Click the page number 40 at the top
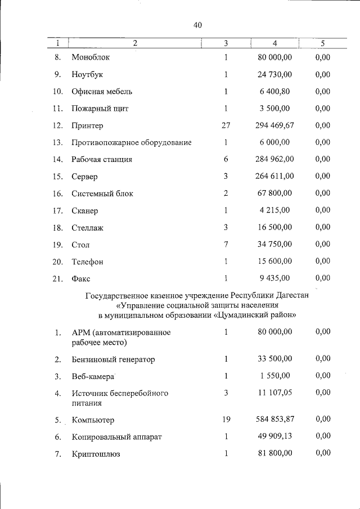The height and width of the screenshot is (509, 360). pyautogui.click(x=197, y=25)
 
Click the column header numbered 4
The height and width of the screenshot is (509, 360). pyautogui.click(x=274, y=43)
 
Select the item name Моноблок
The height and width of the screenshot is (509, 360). pyautogui.click(x=91, y=57)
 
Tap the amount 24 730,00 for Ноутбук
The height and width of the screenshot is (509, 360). pyautogui.click(x=275, y=74)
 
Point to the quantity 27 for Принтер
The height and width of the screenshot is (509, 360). pyautogui.click(x=226, y=125)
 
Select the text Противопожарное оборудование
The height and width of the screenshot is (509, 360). pyautogui.click(x=132, y=142)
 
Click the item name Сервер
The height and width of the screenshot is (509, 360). pyautogui.click(x=85, y=177)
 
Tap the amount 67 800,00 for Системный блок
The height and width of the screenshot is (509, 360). pyautogui.click(x=275, y=193)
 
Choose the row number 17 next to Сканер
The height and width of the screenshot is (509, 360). pyautogui.click(x=57, y=211)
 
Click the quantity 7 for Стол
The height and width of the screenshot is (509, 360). pyautogui.click(x=226, y=245)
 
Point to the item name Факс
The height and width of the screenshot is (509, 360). pyautogui.click(x=81, y=278)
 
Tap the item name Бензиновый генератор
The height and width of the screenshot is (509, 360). pyautogui.click(x=113, y=359)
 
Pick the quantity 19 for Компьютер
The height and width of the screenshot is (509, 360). pyautogui.click(x=226, y=419)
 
